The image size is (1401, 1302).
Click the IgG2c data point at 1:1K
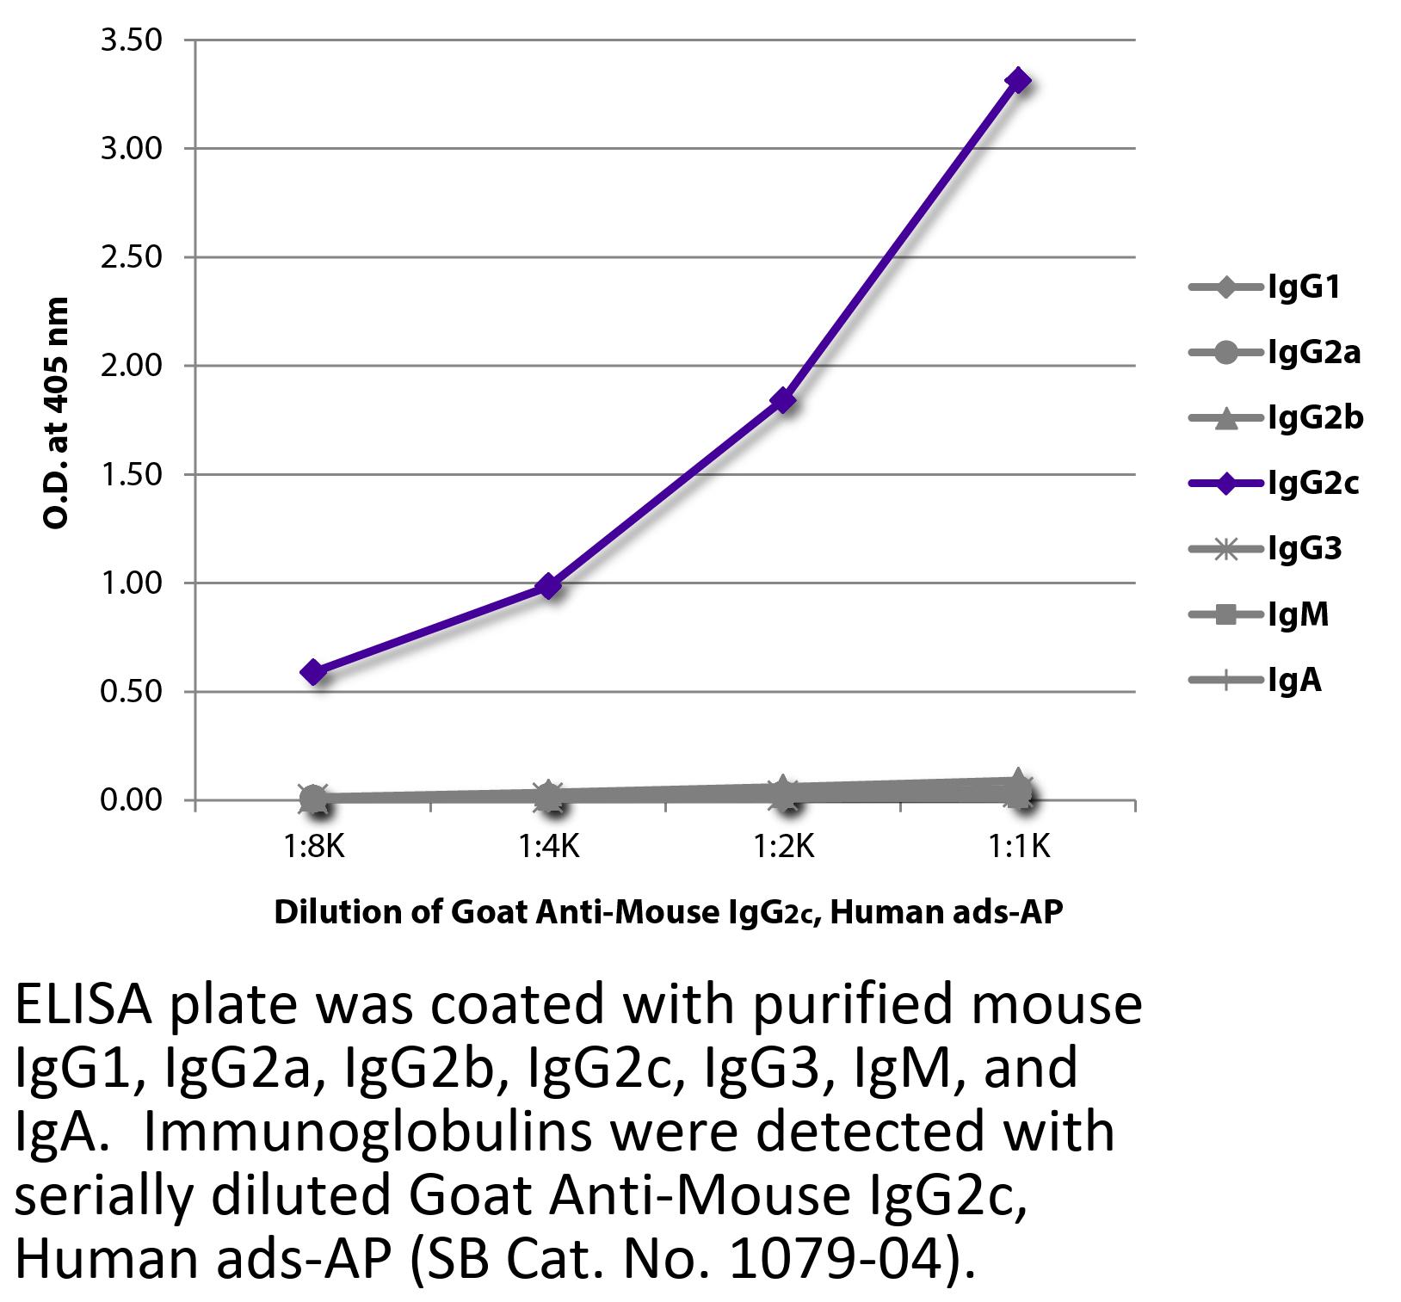[1018, 81]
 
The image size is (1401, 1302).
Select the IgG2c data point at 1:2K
[783, 400]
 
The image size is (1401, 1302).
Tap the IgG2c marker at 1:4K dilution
[549, 586]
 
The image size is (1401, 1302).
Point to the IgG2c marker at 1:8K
[314, 671]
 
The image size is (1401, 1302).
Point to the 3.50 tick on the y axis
[132, 40]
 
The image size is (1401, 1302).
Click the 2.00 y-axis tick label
[132, 366]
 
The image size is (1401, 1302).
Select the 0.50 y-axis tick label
[132, 691]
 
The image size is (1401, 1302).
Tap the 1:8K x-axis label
[314, 848]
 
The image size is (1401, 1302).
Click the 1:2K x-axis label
[783, 848]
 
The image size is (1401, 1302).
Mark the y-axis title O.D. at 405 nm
[56, 413]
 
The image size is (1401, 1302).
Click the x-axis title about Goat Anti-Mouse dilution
[668, 913]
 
